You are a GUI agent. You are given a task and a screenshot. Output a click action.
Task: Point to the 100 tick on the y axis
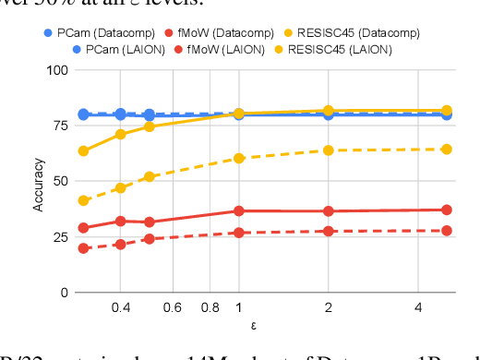point(56,70)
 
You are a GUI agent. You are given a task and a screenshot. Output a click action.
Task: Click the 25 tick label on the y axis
point(60,237)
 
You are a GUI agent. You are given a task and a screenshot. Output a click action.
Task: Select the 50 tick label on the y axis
point(60,182)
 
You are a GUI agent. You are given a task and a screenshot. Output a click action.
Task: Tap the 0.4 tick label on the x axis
point(120,306)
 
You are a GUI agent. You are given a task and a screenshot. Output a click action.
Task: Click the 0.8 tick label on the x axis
point(210,306)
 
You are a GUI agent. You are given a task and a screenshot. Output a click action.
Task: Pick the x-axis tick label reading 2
point(329,306)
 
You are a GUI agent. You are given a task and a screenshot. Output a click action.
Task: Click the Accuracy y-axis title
point(38,182)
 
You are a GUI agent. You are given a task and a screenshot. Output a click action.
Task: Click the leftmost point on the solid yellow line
point(84,150)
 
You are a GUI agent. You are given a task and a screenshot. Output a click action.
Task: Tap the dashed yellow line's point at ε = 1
point(239,158)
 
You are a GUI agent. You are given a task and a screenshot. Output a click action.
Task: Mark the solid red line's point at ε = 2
point(329,211)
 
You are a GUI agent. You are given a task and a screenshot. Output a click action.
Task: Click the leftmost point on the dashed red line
point(84,248)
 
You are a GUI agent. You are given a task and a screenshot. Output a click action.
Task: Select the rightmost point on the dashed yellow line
point(447,149)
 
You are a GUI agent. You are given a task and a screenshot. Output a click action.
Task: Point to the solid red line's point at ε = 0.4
point(120,221)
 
